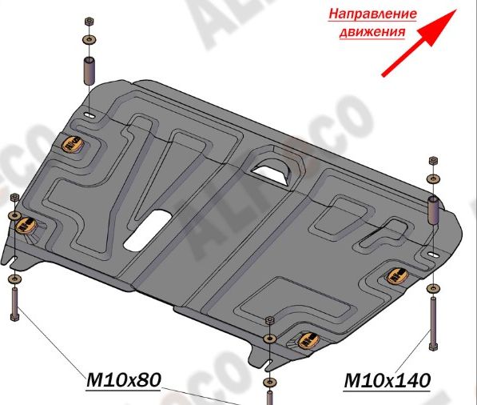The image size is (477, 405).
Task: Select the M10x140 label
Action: point(387,380)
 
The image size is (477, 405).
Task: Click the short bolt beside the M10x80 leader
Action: point(14,303)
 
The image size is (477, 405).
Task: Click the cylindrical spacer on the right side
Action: point(433,210)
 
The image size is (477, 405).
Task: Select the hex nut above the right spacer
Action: point(433,160)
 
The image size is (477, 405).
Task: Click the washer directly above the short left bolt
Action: point(14,279)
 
